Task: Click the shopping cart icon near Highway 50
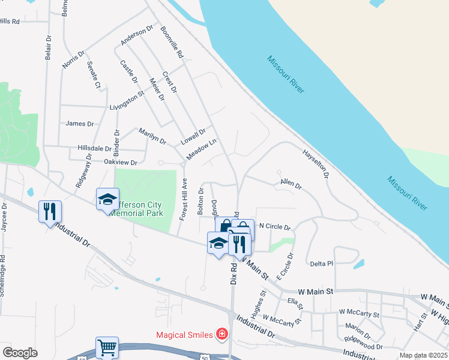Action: tap(107, 346)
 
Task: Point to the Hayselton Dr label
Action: tap(316, 164)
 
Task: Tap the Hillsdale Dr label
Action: tap(94, 148)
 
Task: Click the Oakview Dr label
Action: tap(121, 163)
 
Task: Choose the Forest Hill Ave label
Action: tap(182, 199)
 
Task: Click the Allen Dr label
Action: tap(291, 184)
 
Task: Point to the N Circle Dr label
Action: tap(274, 227)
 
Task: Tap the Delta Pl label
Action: tap(321, 263)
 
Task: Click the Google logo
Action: tap(20, 353)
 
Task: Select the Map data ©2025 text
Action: tap(423, 355)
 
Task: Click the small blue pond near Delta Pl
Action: tap(358, 263)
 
